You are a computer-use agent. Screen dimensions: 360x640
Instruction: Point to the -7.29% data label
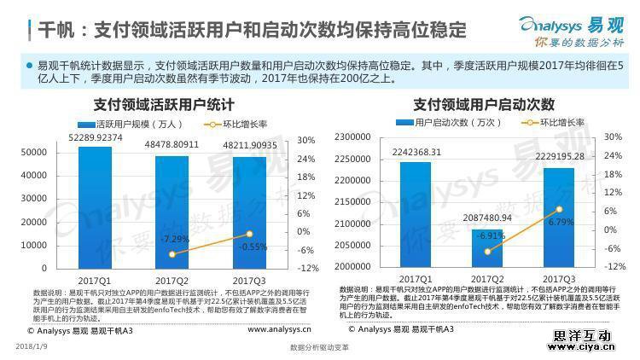pyautogui.click(x=174, y=239)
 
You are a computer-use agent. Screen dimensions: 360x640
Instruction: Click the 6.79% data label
pyautogui.click(x=560, y=222)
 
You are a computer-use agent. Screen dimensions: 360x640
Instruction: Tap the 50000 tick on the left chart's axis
pyautogui.click(x=34, y=152)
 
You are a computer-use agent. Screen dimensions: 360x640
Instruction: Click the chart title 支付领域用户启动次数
pyautogui.click(x=484, y=105)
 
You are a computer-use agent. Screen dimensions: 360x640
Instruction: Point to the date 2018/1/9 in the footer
pyautogui.click(x=32, y=346)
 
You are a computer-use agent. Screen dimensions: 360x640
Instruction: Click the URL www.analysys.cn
pyautogui.click(x=279, y=328)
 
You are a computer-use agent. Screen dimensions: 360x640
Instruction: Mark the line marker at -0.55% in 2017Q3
pyautogui.click(x=249, y=234)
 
